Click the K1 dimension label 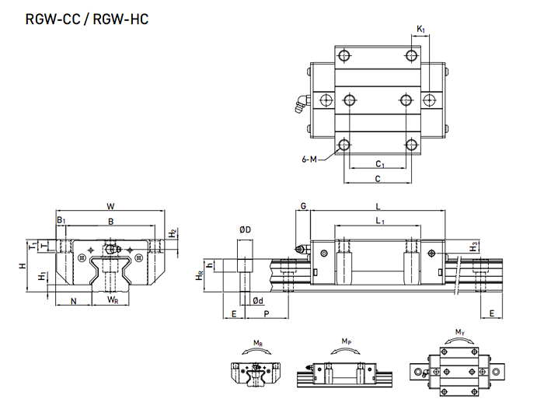click(420, 30)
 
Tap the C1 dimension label click(379, 164)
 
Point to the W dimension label click(110, 206)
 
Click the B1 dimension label click(61, 222)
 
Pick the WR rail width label click(113, 299)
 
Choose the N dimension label click(74, 299)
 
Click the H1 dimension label click(43, 277)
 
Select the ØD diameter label click(245, 230)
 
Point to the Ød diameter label click(257, 301)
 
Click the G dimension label click(304, 206)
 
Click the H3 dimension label click(475, 246)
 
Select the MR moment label click(256, 341)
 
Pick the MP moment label click(346, 341)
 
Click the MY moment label click(460, 333)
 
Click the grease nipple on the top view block click(298, 104)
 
